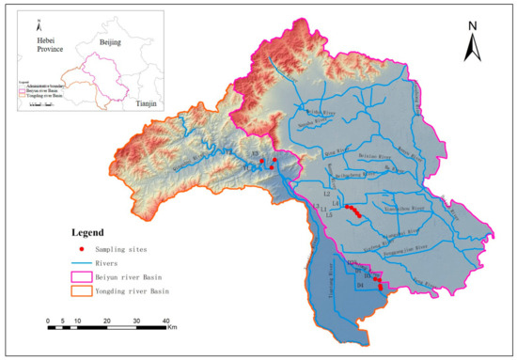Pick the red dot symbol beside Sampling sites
click(x=82, y=249)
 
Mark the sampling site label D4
click(x=359, y=283)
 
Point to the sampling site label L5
click(x=329, y=215)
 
